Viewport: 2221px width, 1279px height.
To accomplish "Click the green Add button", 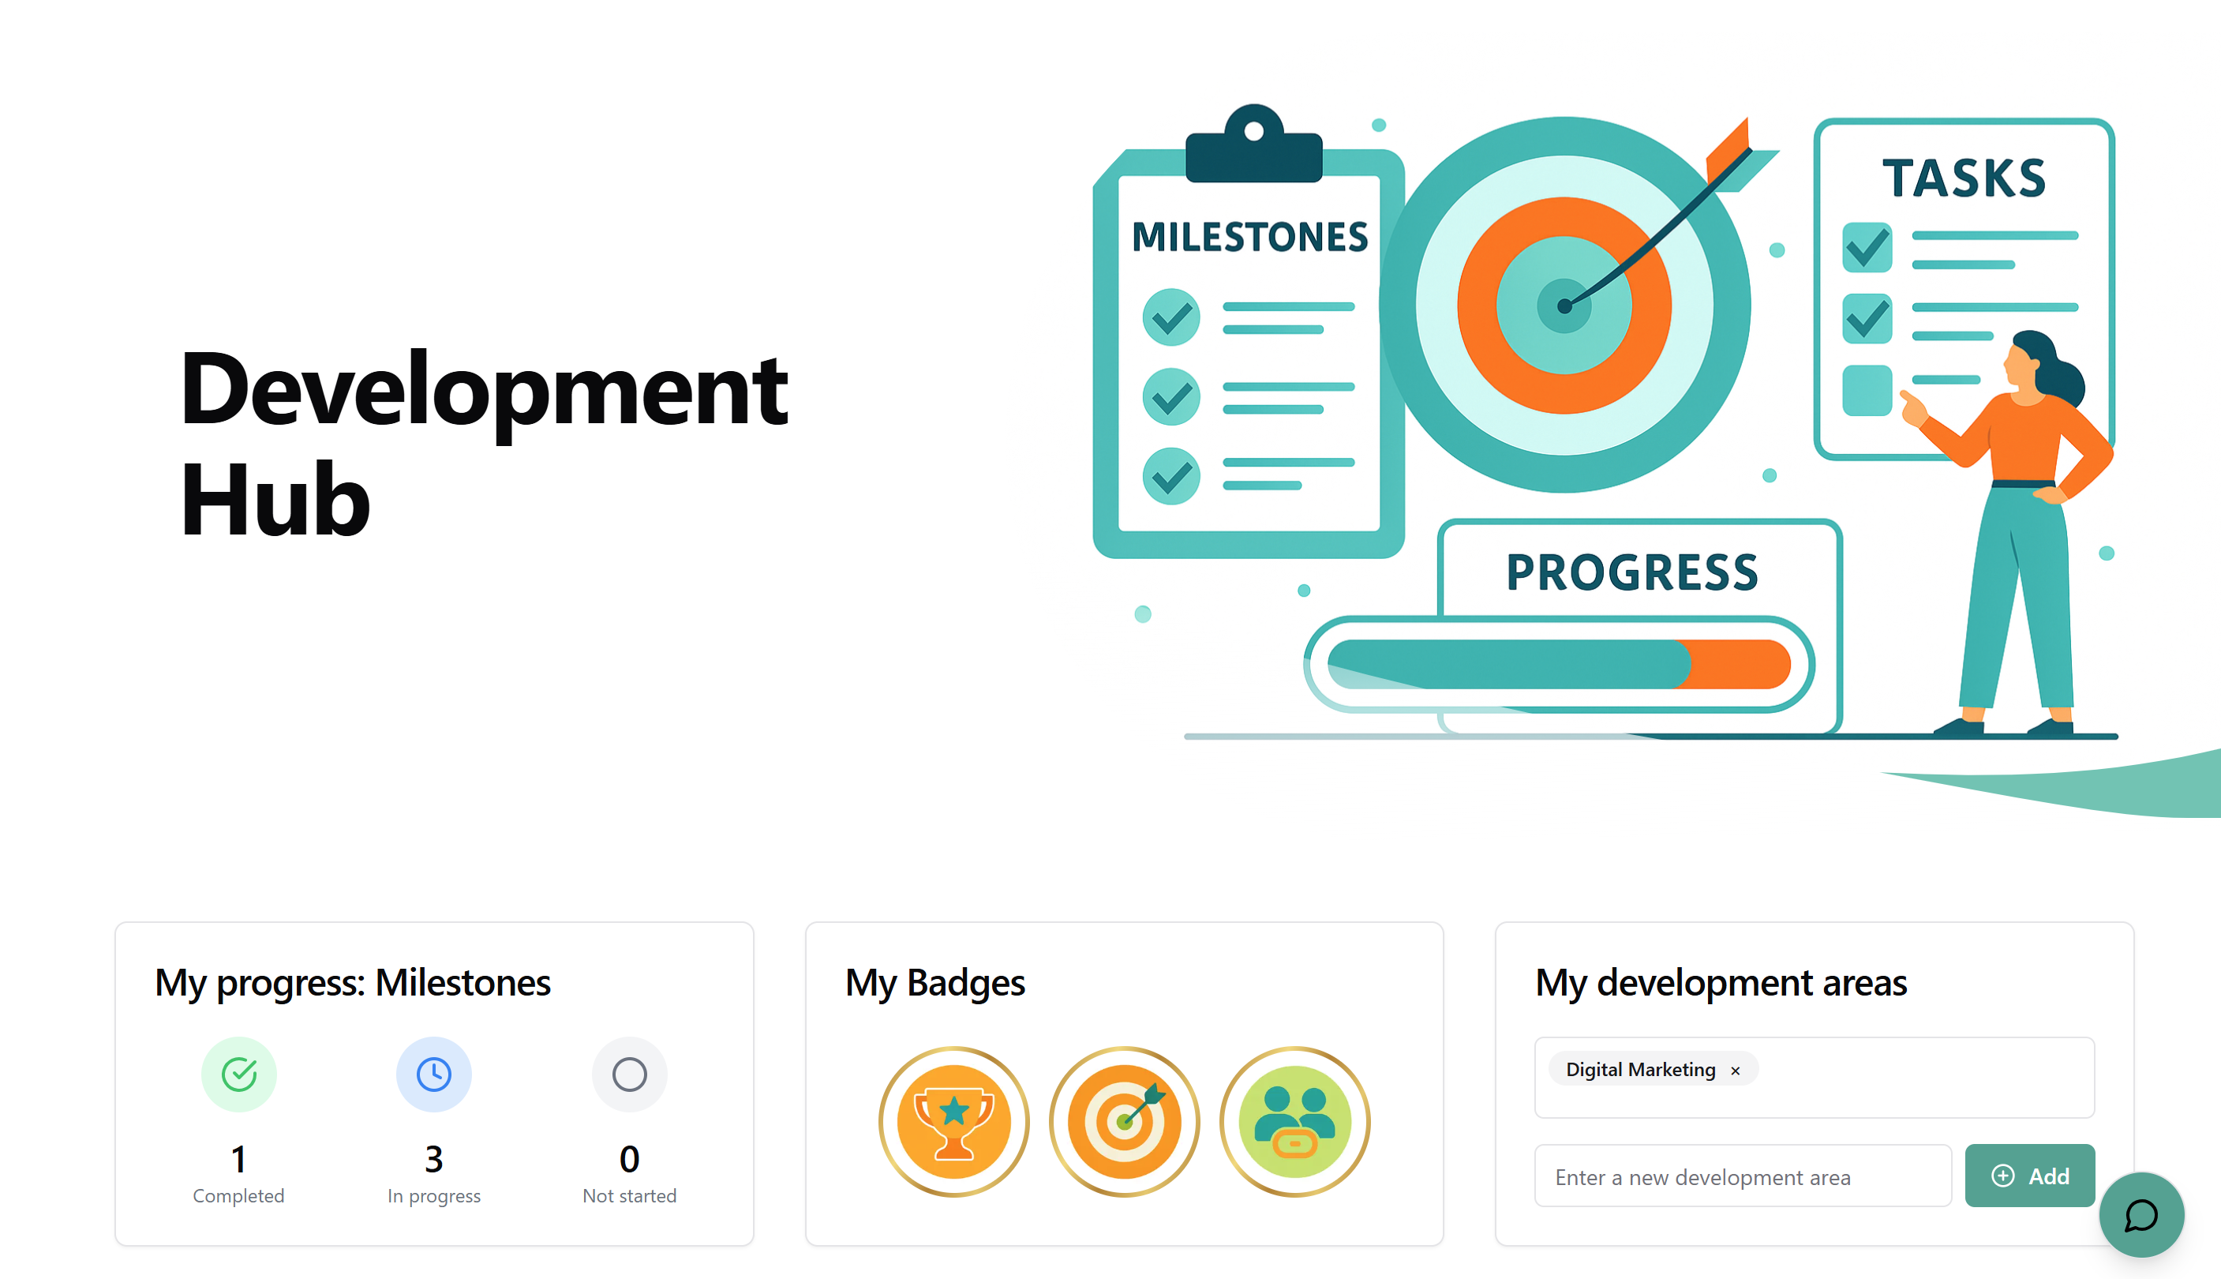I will click(2028, 1176).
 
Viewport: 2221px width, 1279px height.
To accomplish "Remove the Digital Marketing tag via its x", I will click(1735, 1071).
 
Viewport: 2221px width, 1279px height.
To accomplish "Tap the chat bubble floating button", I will click(2141, 1215).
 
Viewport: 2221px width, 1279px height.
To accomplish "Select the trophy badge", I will click(953, 1121).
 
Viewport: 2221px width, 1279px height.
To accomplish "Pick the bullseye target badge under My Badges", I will click(1124, 1121).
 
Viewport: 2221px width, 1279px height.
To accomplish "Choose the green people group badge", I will click(1294, 1121).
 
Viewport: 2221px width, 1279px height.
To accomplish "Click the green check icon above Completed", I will click(239, 1074).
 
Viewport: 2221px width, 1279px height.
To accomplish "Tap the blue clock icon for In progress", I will click(434, 1074).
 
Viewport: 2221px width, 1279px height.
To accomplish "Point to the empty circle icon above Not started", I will click(629, 1074).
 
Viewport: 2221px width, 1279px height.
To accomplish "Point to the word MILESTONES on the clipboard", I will click(1249, 237).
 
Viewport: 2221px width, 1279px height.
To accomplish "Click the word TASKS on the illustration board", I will click(1964, 178).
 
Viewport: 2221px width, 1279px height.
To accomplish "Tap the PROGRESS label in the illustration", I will click(1631, 572).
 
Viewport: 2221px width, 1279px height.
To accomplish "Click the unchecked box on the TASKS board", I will click(1866, 390).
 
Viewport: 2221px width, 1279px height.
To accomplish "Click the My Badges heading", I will click(934, 982).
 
